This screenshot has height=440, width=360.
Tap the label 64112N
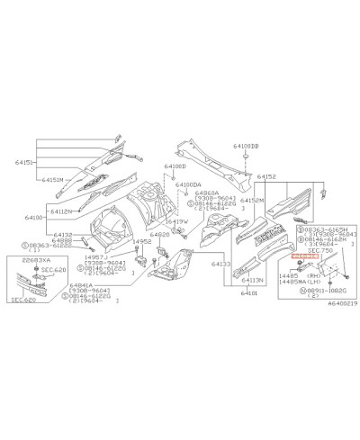click(61, 211)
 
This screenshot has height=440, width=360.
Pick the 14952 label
click(141, 242)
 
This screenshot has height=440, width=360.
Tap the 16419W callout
click(175, 221)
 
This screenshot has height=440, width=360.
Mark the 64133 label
click(221, 265)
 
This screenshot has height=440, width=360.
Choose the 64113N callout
click(253, 280)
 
